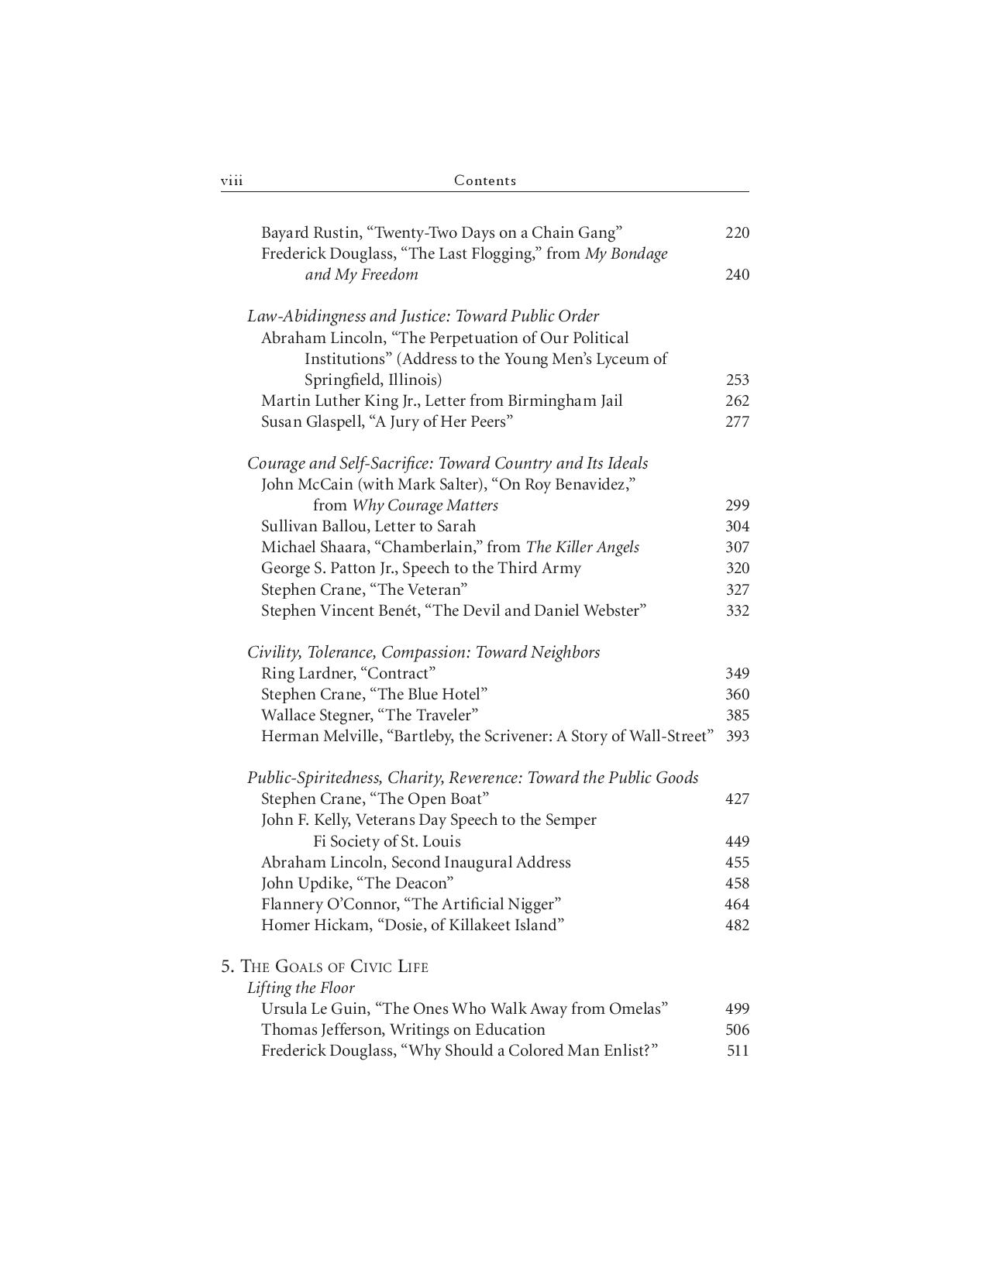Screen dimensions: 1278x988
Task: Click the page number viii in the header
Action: point(232,181)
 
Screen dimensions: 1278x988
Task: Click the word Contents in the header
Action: point(484,180)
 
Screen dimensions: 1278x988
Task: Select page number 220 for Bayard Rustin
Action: point(737,232)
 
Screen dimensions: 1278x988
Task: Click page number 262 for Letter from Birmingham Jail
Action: point(737,400)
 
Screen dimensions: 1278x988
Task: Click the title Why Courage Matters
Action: point(425,505)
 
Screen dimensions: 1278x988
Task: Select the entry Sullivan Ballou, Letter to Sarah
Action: point(368,526)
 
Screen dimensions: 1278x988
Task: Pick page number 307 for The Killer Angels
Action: point(737,547)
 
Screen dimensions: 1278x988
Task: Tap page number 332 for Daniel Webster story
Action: point(737,610)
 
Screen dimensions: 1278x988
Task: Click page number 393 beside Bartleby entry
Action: point(737,736)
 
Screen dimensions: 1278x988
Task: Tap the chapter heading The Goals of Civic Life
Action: point(334,967)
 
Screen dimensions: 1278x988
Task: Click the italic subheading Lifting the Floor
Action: point(301,988)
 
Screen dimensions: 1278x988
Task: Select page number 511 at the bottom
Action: point(737,1051)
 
